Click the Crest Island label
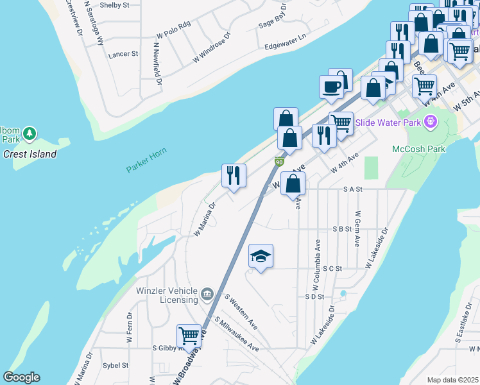tap(30, 154)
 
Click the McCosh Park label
tap(418, 149)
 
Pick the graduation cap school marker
tap(261, 257)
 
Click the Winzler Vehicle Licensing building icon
tap(207, 295)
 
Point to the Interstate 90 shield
tap(279, 163)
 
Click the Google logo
tap(21, 377)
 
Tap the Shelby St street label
tap(115, 5)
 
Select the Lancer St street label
tap(123, 55)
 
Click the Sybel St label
tap(116, 365)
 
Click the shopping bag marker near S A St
tap(293, 184)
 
